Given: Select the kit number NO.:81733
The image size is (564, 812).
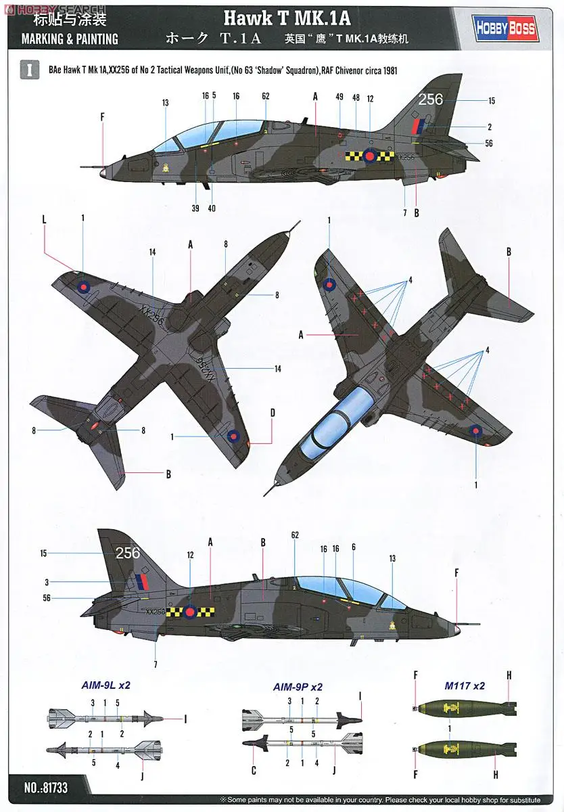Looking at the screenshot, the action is click(46, 788).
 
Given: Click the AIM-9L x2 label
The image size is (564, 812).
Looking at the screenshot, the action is click(105, 685).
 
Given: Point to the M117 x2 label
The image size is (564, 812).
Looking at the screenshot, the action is click(465, 685).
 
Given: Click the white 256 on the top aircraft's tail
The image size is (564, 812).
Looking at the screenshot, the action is click(430, 99).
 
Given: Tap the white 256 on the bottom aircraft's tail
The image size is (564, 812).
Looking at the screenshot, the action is click(127, 553).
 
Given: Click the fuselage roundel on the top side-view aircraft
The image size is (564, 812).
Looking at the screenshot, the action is click(369, 156).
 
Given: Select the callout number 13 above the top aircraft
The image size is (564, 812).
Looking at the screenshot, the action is click(165, 103).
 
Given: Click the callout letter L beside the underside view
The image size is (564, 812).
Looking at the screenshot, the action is click(44, 221).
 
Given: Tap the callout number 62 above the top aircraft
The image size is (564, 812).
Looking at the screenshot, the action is click(266, 96).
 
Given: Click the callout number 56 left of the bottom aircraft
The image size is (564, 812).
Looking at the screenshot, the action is click(47, 597).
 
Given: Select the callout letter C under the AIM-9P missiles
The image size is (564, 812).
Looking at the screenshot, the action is click(254, 770).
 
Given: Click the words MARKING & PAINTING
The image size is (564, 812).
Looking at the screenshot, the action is click(70, 39).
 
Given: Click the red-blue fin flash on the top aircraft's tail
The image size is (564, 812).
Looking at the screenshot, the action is click(419, 125).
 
